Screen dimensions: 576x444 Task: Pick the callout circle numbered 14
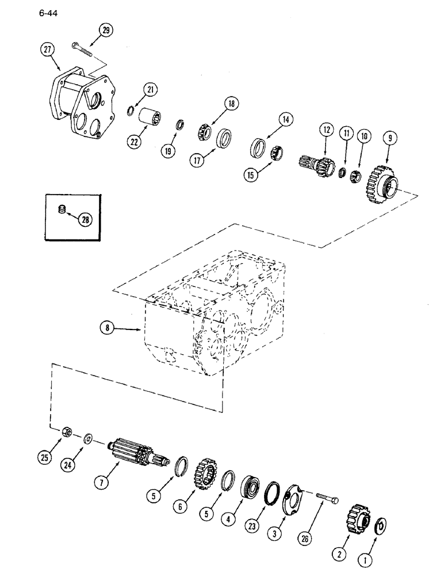(x=286, y=120)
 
